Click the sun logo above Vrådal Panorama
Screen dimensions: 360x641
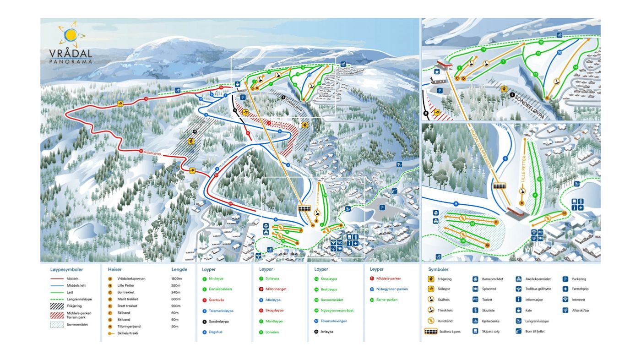(x=71, y=35)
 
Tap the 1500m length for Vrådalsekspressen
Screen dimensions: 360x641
(x=177, y=278)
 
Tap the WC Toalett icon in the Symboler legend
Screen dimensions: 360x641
(x=475, y=300)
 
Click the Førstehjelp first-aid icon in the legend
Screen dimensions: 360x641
(x=565, y=289)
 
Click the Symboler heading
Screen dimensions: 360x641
(x=438, y=270)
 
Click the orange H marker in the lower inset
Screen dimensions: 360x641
(x=564, y=213)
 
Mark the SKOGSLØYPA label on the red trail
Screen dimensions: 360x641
(x=153, y=152)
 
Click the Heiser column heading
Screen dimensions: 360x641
(x=115, y=270)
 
